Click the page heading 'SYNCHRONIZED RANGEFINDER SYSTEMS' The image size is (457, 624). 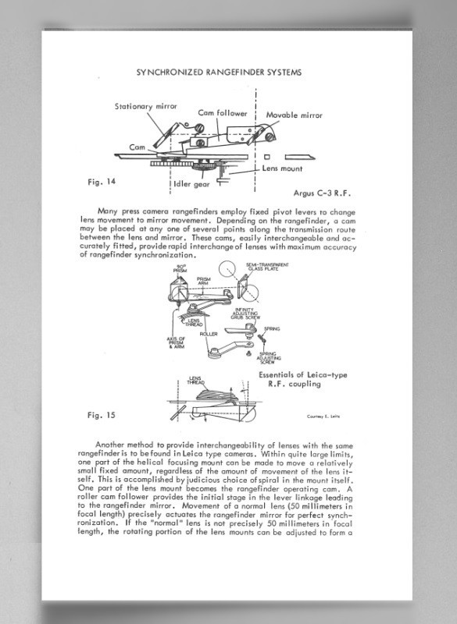point(219,72)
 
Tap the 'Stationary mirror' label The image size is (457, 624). point(146,107)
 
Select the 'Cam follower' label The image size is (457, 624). point(222,113)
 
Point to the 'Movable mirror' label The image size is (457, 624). point(295,115)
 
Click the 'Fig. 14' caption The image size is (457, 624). point(100,182)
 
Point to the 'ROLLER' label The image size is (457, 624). point(208,334)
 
